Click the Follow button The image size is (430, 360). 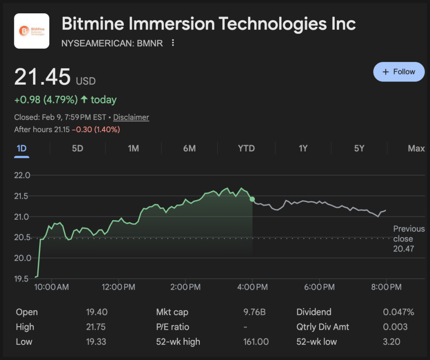pos(399,72)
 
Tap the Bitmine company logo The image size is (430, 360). pos(32,31)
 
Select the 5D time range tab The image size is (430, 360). pos(77,148)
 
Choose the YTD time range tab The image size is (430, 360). pos(246,148)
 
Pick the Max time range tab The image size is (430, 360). pos(416,148)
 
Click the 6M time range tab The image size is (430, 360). pos(189,148)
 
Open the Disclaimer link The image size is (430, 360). pos(131,117)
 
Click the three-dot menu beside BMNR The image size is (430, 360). pos(173,43)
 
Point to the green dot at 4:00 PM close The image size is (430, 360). pos(252,199)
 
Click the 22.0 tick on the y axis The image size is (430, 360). pos(22,176)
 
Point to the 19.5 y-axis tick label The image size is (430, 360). pos(22,279)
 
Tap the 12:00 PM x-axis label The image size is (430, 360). pos(118,287)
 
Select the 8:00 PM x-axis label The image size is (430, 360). pos(386,287)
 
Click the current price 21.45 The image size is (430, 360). pos(42,77)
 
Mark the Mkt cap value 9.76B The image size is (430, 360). pos(255,312)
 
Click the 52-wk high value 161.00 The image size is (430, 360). pos(256,342)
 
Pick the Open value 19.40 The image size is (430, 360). pos(97,312)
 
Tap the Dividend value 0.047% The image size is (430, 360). pos(398,312)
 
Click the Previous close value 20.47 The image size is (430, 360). pos(403,249)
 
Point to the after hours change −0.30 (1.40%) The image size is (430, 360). pos(96,130)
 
